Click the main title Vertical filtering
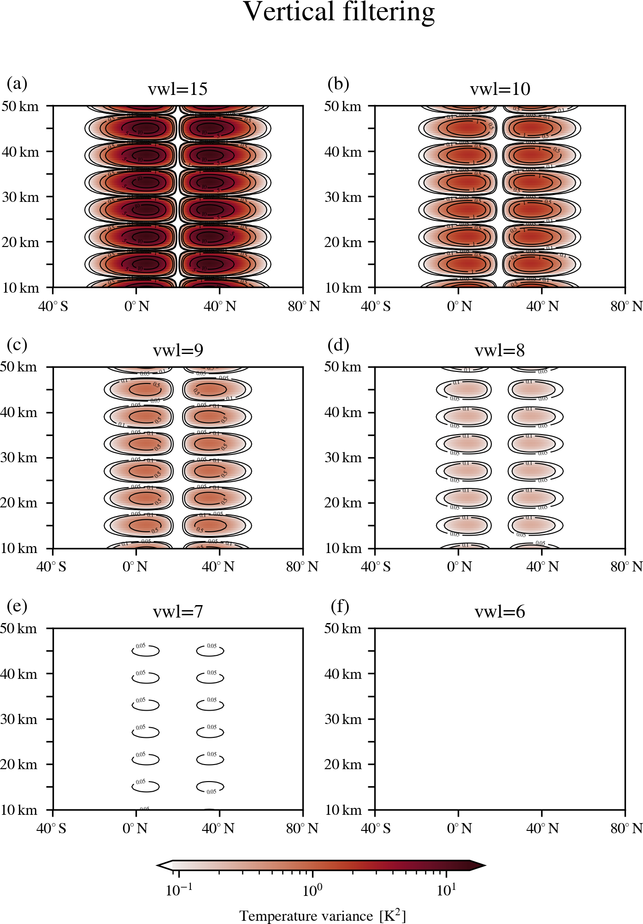tap(339, 12)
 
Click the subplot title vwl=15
tap(177, 89)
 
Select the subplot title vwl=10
tap(500, 89)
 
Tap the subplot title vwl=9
tap(178, 350)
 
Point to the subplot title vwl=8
tap(500, 350)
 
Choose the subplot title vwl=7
tap(178, 612)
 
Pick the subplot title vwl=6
tap(500, 612)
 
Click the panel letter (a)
tap(17, 83)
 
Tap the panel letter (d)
tap(338, 345)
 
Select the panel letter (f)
tap(340, 606)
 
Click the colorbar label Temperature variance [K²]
tap(323, 915)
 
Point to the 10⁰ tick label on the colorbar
tap(313, 890)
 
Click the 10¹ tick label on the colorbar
tap(446, 890)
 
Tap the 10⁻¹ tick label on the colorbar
tap(179, 890)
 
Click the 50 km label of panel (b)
tap(342, 106)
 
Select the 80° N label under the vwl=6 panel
tap(626, 828)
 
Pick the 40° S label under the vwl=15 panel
tap(53, 306)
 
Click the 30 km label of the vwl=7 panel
tap(19, 719)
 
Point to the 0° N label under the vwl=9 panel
tap(135, 566)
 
